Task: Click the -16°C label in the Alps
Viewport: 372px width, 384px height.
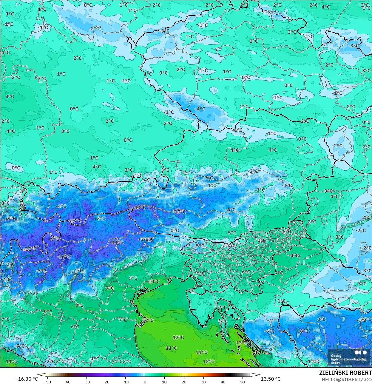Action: pyautogui.click(x=64, y=257)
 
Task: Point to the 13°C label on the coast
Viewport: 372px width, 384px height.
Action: pyautogui.click(x=241, y=343)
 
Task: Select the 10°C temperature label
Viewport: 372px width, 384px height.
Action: pyautogui.click(x=154, y=281)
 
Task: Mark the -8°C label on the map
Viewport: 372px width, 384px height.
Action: pyautogui.click(x=304, y=331)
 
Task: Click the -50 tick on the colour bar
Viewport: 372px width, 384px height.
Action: pyautogui.click(x=47, y=382)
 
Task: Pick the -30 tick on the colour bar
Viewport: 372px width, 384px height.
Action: pyautogui.click(x=87, y=382)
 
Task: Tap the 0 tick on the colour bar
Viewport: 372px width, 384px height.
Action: pyautogui.click(x=145, y=382)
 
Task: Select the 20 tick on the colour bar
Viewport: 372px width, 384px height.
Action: pyautogui.click(x=184, y=382)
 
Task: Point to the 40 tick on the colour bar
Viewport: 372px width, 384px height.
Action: pyautogui.click(x=223, y=382)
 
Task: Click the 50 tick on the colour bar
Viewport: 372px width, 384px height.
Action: pyautogui.click(x=243, y=382)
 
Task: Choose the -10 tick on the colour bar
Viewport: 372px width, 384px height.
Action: pyautogui.click(x=126, y=382)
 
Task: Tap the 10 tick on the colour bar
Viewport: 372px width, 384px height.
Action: pyautogui.click(x=164, y=382)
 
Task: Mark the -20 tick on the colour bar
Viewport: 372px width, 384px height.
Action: pyautogui.click(x=106, y=382)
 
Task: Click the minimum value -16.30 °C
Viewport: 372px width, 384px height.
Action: pyautogui.click(x=27, y=379)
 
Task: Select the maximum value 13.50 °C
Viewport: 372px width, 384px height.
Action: pyautogui.click(x=271, y=379)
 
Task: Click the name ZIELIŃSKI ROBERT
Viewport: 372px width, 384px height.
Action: pyautogui.click(x=345, y=373)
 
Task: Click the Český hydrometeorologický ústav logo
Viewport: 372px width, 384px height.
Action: pyautogui.click(x=349, y=357)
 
